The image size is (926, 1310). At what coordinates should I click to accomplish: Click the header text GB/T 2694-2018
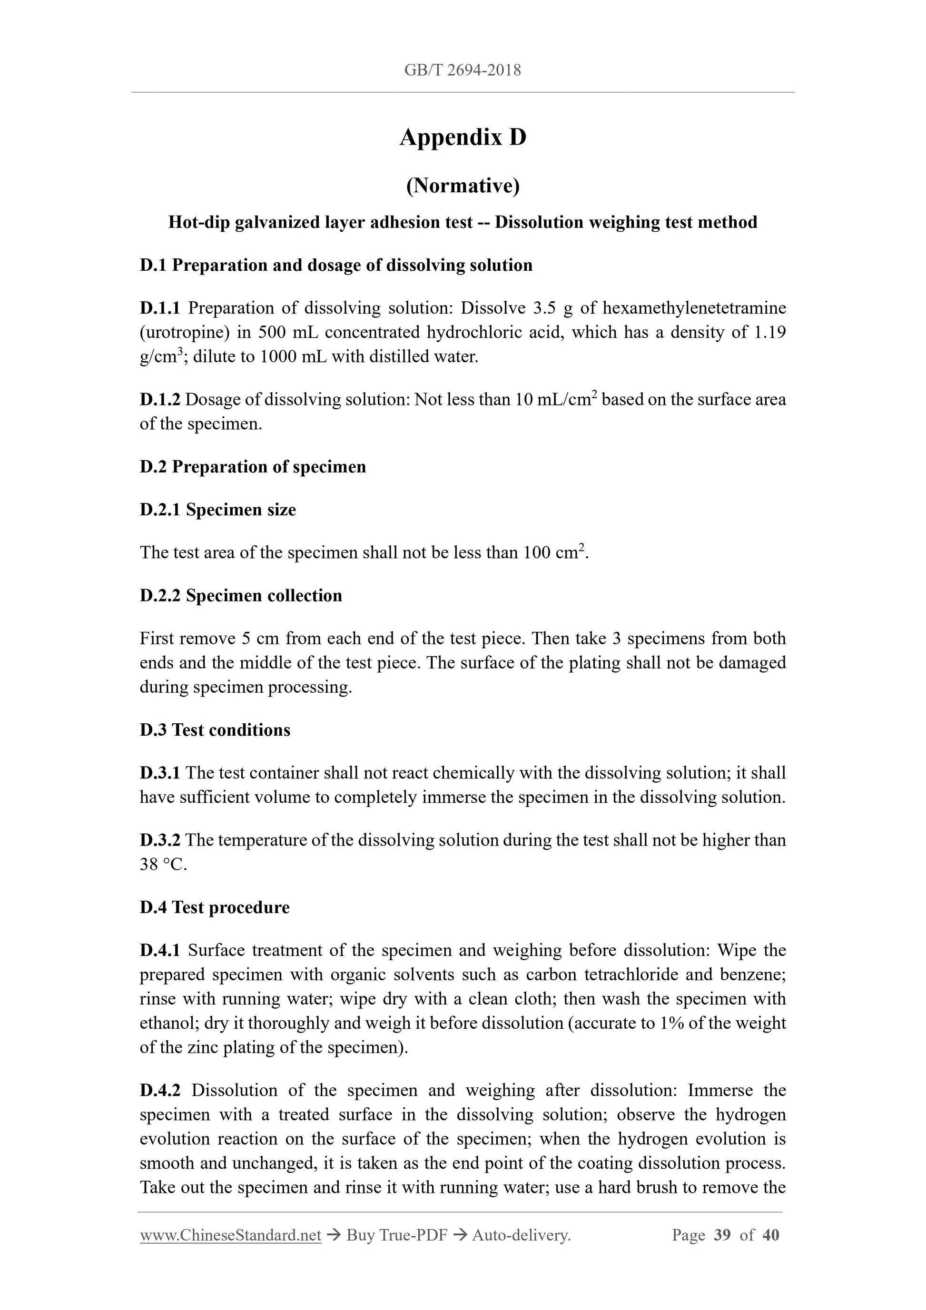point(463,70)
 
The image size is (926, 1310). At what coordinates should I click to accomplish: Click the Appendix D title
point(463,138)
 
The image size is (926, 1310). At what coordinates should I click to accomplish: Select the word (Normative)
point(463,186)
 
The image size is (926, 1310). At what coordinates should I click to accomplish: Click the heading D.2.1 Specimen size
point(218,510)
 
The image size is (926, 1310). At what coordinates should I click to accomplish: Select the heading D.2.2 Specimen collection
point(241,596)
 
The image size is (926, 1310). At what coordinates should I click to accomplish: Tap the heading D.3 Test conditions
point(215,730)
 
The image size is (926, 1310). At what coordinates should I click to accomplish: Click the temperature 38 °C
point(163,865)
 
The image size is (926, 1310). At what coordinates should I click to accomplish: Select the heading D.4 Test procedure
point(215,908)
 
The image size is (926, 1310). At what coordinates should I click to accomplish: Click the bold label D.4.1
point(160,951)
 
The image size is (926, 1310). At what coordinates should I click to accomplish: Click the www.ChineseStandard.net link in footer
point(230,1235)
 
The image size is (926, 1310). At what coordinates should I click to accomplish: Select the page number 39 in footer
point(722,1235)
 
